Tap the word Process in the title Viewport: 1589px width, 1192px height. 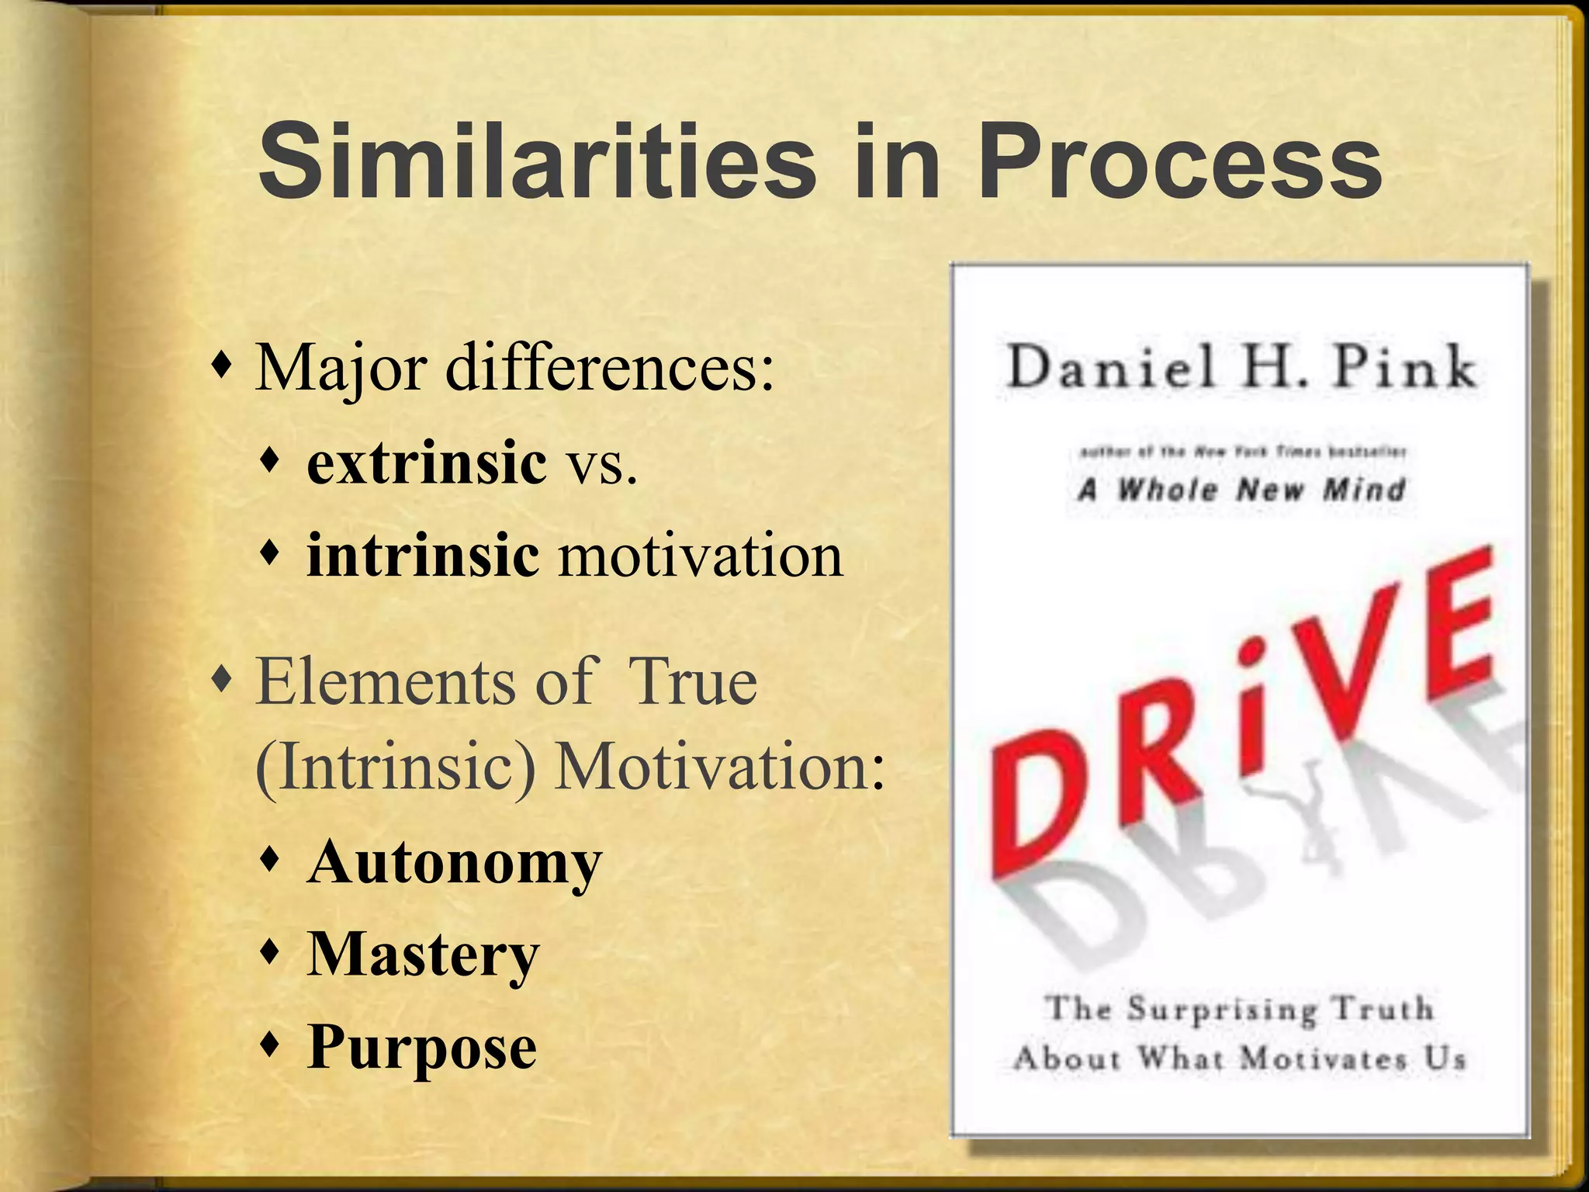click(x=1179, y=163)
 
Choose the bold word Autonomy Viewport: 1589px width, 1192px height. click(x=455, y=863)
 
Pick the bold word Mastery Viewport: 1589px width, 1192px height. click(x=423, y=955)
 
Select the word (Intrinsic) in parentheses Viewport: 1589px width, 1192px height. click(x=395, y=767)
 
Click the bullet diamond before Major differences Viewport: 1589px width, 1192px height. click(x=223, y=363)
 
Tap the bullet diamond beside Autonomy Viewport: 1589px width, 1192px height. click(x=270, y=859)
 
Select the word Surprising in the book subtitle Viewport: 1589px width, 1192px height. click(x=1221, y=1010)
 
